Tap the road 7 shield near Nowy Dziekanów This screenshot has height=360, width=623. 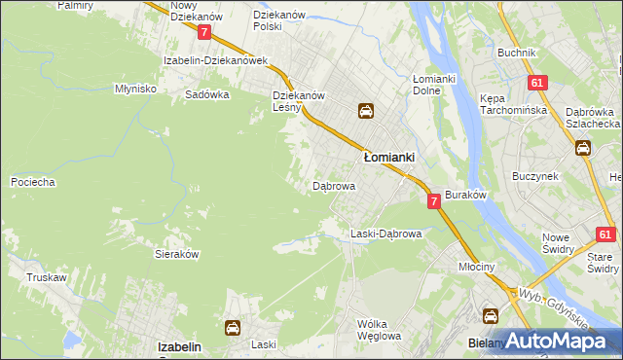[203, 32]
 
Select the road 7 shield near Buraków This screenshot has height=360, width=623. [433, 200]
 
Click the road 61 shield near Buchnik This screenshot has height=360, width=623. [536, 84]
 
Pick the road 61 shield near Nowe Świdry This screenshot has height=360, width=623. [605, 234]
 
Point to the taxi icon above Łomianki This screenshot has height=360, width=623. [366, 111]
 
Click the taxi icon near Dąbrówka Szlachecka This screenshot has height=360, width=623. [583, 148]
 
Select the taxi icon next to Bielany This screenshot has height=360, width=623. [491, 316]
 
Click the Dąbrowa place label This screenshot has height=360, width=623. [333, 185]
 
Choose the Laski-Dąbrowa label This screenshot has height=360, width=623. [385, 234]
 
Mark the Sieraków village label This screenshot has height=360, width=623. [177, 252]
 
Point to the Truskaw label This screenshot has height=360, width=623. [46, 277]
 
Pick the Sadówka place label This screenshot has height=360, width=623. [206, 95]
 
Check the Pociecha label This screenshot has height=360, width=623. [32, 182]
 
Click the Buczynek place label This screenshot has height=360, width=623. [534, 177]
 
